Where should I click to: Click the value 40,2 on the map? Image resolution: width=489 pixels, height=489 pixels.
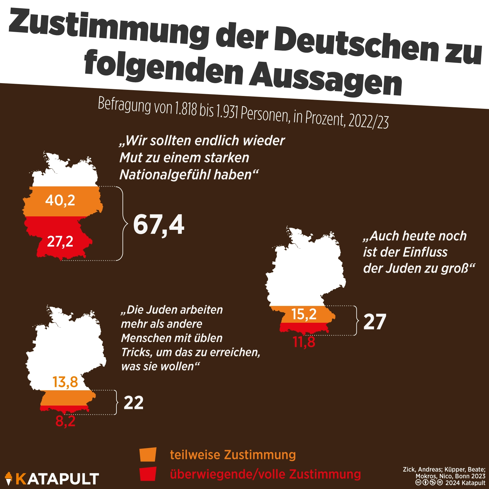pos(60,200)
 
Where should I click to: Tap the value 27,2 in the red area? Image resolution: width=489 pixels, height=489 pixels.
pos(60,241)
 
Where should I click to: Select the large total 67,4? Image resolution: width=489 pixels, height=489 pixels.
pos(159,225)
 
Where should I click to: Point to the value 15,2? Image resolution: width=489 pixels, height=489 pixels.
pos(304,314)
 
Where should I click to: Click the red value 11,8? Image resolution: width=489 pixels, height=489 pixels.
pos(304,342)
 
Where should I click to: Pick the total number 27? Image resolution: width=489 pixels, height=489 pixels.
pos(375,322)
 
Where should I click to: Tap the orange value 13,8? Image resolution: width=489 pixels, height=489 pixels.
pos(65,382)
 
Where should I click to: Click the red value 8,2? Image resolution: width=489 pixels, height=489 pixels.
pos(65,421)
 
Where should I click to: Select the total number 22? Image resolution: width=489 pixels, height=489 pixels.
pos(134,403)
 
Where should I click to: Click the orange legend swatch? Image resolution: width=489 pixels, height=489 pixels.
pos(148,454)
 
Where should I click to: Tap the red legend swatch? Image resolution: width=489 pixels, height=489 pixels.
pos(148,474)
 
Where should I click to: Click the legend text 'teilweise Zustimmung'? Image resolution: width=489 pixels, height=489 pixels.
pos(233,455)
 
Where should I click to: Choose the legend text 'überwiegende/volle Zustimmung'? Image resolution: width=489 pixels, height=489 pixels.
pos(265,474)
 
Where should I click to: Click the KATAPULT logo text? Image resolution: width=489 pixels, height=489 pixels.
pos(57,479)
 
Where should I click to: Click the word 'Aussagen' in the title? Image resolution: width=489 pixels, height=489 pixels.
pos(325,78)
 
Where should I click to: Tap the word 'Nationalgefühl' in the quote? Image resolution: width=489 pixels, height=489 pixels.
pos(164,175)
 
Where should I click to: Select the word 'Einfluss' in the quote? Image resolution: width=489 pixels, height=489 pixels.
pos(425,252)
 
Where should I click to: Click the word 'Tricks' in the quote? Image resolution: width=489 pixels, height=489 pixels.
pos(136,352)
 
